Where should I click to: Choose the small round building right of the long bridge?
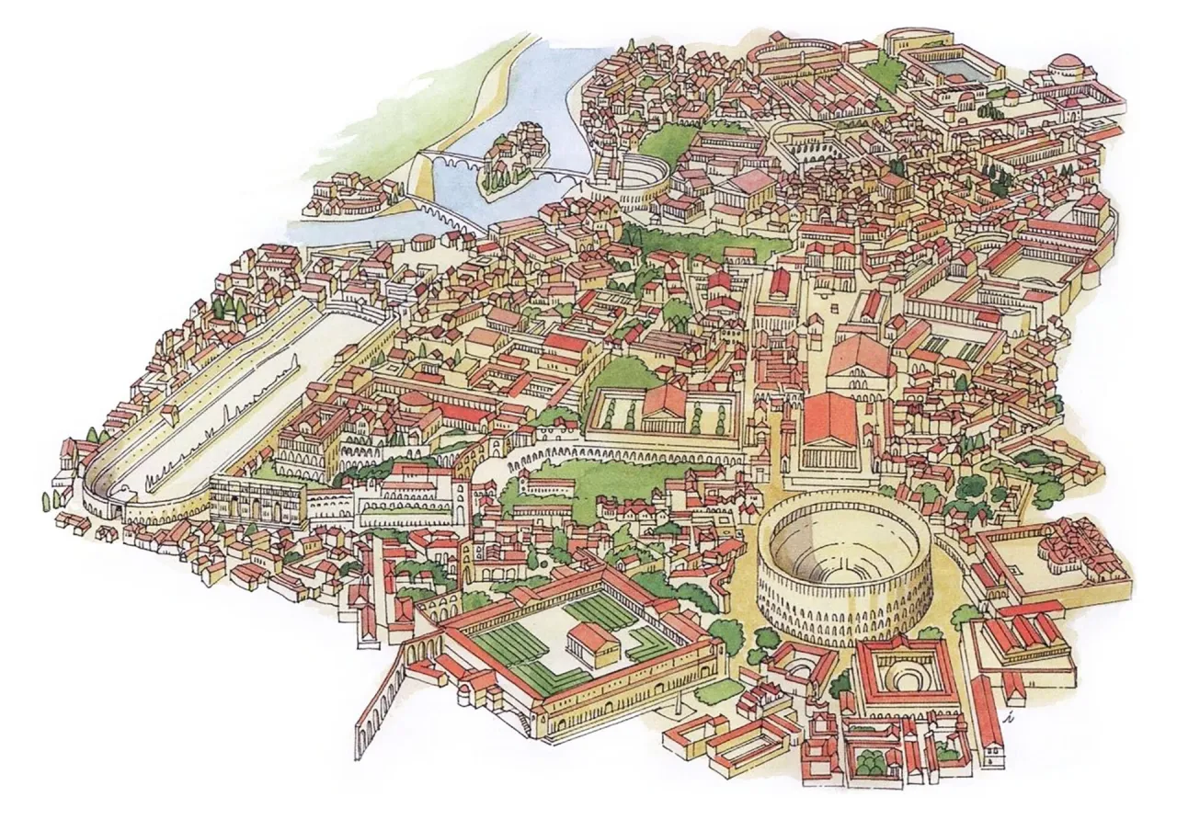(423, 245)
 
